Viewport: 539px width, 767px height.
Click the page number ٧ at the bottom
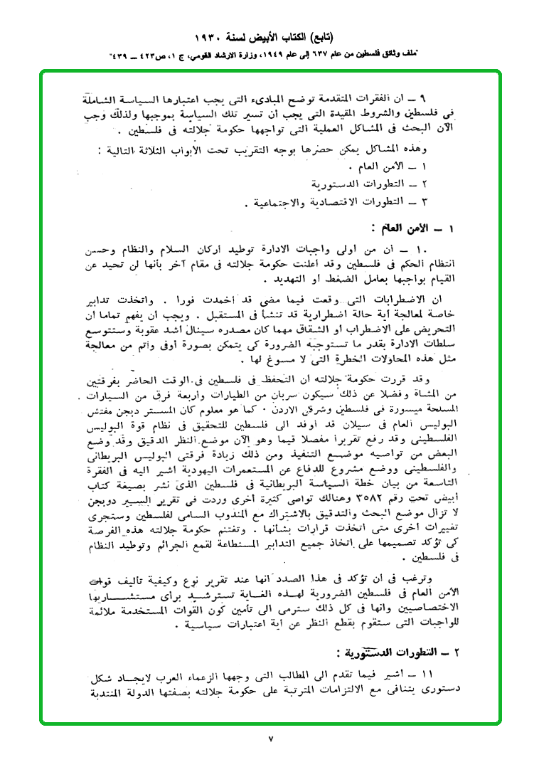[270, 739]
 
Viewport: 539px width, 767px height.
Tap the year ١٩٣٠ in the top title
[210, 36]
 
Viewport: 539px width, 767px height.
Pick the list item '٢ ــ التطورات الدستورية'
[376, 184]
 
